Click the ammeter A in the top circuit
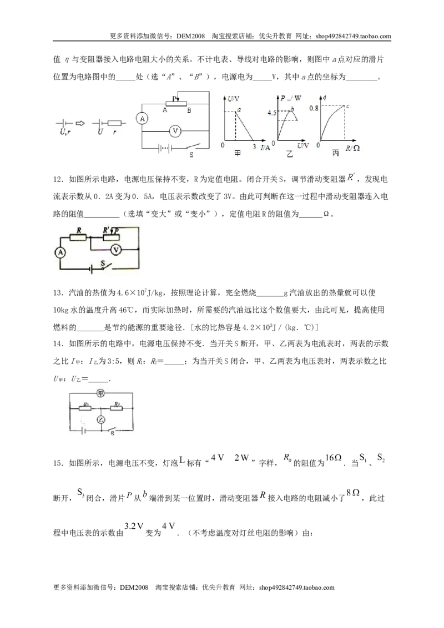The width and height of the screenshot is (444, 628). [x=142, y=119]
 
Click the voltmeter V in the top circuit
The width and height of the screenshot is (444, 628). [x=174, y=130]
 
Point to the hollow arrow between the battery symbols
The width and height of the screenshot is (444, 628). [x=80, y=123]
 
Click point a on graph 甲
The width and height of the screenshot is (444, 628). [x=239, y=109]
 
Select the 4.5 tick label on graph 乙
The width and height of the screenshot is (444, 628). [x=272, y=113]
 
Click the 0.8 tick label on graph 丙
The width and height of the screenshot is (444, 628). [x=314, y=108]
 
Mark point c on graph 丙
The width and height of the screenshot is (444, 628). [x=347, y=106]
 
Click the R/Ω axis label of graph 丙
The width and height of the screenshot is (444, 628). [x=352, y=148]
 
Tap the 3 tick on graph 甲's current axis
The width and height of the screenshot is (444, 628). [x=254, y=146]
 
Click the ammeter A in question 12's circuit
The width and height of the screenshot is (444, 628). [x=60, y=252]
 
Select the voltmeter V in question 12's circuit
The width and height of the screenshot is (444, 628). [x=116, y=250]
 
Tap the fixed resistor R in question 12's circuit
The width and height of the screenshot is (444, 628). [x=78, y=237]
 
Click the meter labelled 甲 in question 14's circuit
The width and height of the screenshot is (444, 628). [x=101, y=394]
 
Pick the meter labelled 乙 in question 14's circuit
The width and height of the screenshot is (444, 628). [x=101, y=419]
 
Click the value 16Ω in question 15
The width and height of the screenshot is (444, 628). [x=334, y=457]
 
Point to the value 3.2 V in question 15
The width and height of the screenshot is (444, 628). [x=134, y=526]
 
